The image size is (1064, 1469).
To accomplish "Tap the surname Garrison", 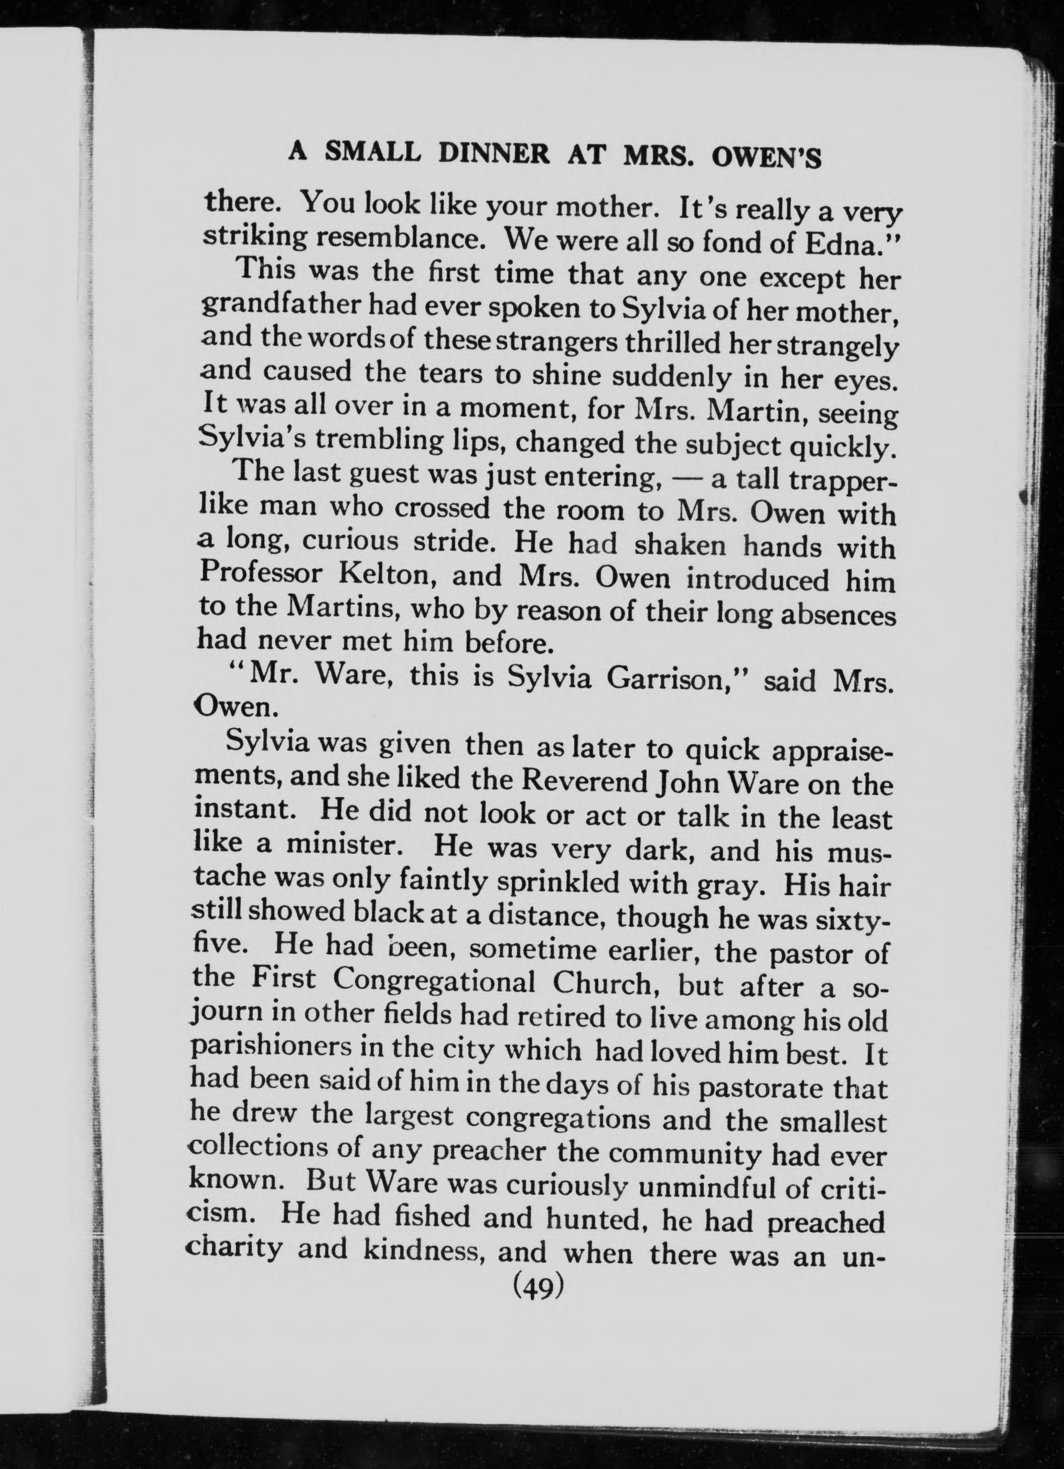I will click(x=677, y=679).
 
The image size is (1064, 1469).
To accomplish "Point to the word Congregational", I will click(x=434, y=982).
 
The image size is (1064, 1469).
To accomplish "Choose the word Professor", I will click(x=262, y=573).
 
